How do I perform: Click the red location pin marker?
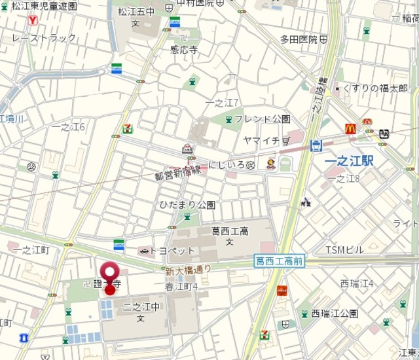point(110,274)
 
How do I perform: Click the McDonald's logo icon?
point(350,130)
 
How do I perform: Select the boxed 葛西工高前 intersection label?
point(279,261)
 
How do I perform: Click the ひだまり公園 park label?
point(187,205)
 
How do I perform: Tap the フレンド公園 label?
point(262,119)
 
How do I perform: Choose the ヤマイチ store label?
point(261,141)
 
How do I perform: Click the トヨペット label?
point(172,251)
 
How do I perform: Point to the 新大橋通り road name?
point(188,269)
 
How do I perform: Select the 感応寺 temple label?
point(184,48)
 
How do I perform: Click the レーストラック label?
point(44,38)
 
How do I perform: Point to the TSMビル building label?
point(344,250)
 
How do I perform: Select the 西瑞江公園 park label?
point(334,314)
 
